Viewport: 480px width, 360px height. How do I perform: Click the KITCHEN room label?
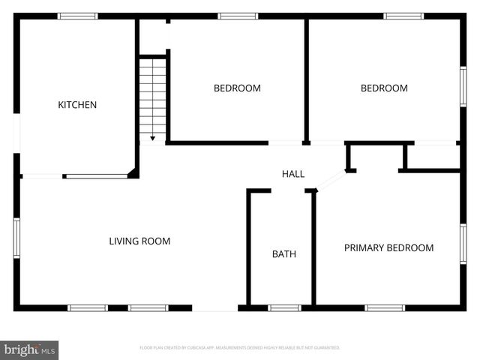pos(77,105)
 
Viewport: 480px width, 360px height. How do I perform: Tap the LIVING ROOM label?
pos(139,241)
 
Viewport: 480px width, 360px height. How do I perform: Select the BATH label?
pos(283,254)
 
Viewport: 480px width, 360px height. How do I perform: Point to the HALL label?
pos(293,174)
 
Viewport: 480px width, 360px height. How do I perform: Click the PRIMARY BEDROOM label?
pos(388,248)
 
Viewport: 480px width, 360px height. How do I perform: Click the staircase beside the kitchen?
pos(152,96)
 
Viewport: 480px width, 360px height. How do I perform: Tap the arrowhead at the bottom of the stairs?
pos(152,138)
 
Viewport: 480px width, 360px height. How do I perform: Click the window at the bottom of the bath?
pos(284,307)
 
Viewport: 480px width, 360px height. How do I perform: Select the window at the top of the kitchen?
pos(77,16)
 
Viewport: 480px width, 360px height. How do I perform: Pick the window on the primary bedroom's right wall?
pos(463,244)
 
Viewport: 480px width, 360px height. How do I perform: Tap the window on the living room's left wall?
pos(16,238)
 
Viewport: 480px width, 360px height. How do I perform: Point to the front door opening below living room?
pos(215,307)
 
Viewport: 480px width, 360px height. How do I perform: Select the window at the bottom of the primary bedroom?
pos(385,307)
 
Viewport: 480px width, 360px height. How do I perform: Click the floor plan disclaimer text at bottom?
pos(240,348)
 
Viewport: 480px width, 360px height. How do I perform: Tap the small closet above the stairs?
pos(153,36)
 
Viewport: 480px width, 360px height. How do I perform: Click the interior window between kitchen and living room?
pos(96,176)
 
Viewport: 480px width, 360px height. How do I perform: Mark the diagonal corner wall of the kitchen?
pos(133,172)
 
